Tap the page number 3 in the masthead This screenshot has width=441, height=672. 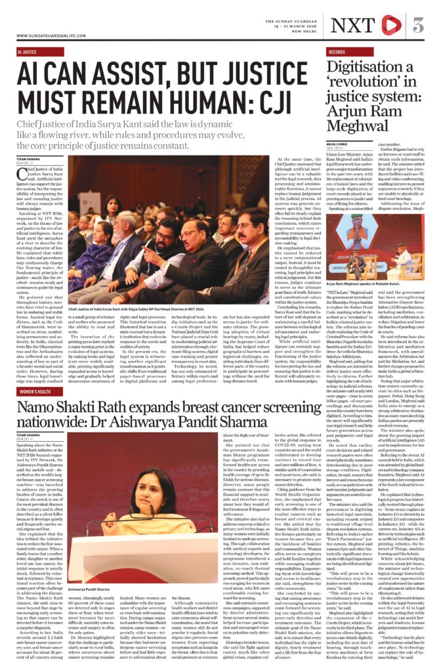418,26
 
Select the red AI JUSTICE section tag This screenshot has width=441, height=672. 28,51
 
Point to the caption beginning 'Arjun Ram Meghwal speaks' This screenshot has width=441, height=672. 363,283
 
